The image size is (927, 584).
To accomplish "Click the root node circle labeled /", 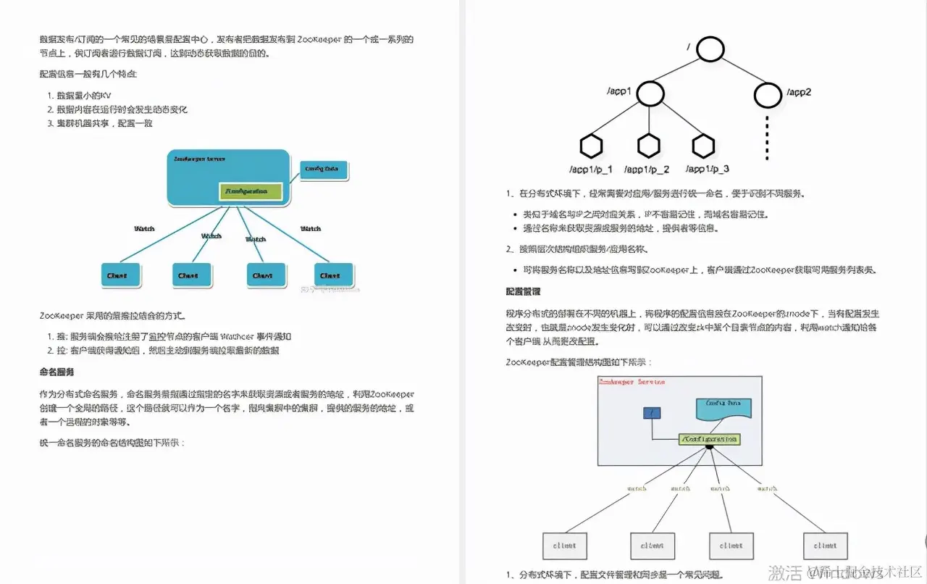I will (x=711, y=49).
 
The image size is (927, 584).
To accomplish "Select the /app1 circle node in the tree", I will (x=650, y=93).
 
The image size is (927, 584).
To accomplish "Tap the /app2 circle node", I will (x=768, y=94).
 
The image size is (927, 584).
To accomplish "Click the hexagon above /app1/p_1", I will (x=591, y=146).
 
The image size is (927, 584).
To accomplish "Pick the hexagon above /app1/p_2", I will (x=648, y=146).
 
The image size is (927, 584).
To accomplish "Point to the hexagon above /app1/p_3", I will (x=702, y=146).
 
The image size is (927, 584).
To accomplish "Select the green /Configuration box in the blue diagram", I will (x=252, y=191).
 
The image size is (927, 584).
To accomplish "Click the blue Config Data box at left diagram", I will (x=324, y=170).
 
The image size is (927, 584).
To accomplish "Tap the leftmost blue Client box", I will (x=118, y=275).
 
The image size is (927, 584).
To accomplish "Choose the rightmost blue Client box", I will (x=334, y=275).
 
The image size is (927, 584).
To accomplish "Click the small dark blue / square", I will (x=652, y=413).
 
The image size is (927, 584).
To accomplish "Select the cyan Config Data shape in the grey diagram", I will (x=723, y=409).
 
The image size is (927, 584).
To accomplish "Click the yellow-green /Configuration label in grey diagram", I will (x=710, y=439).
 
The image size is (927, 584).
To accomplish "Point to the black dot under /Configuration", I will (x=710, y=447).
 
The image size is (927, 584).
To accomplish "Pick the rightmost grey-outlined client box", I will (x=825, y=546).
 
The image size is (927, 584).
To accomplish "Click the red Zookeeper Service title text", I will (x=632, y=382).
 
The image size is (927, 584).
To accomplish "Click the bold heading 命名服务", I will (x=56, y=372).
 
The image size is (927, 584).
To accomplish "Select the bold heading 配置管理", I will (x=522, y=292).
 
